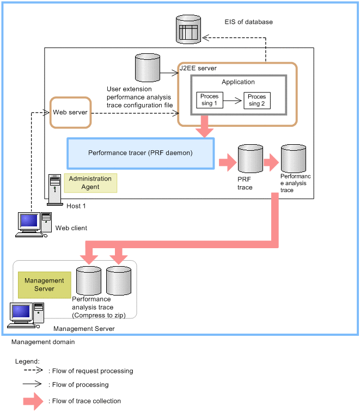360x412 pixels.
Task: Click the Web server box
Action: pos(70,113)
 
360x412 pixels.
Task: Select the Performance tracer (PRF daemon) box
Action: pos(141,153)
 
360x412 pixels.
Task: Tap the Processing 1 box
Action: pos(209,100)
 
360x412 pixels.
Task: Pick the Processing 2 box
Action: pos(257,100)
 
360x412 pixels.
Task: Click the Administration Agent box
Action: pos(90,183)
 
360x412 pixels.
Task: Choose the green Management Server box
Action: pos(45,285)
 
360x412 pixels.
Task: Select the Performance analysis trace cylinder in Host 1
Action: pos(293,158)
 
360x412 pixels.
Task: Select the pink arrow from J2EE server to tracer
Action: pos(205,127)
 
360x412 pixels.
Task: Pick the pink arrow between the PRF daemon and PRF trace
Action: pos(226,162)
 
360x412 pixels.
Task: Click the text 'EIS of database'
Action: pos(248,22)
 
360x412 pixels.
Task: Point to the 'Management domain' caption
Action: pos(43,342)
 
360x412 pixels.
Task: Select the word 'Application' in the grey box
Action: pos(238,82)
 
